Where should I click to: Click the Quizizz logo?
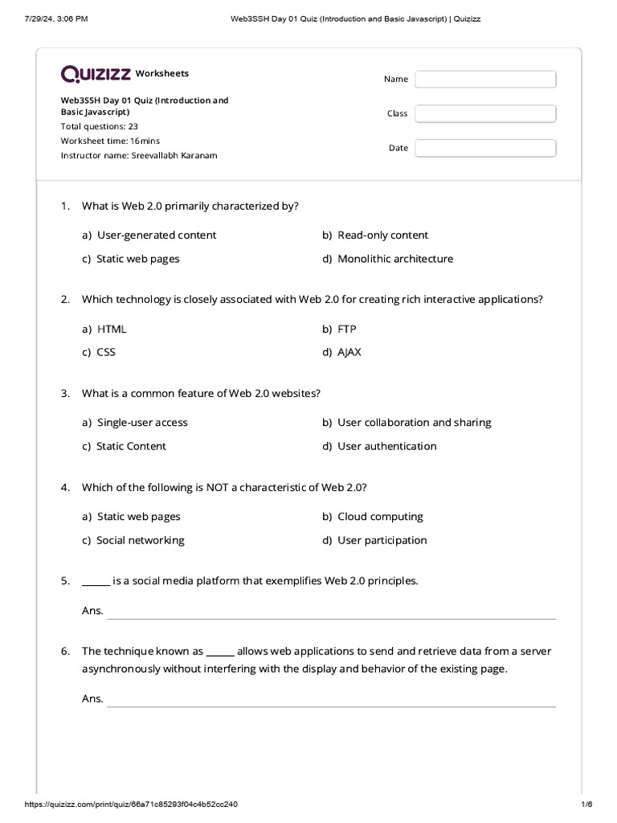tap(96, 74)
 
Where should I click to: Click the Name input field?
tap(485, 79)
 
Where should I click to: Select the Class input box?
tap(485, 113)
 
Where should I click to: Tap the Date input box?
tap(485, 148)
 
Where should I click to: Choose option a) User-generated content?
tap(149, 235)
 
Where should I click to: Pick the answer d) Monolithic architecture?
tap(387, 259)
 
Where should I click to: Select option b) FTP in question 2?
tap(339, 329)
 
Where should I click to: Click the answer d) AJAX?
tap(341, 352)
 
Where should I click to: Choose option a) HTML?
tap(104, 329)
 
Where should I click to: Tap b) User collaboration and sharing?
tap(407, 423)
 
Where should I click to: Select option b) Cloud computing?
tap(373, 517)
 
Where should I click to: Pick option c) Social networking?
tap(133, 540)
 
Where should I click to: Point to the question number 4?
tap(65, 488)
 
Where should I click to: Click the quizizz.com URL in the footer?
tap(132, 805)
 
